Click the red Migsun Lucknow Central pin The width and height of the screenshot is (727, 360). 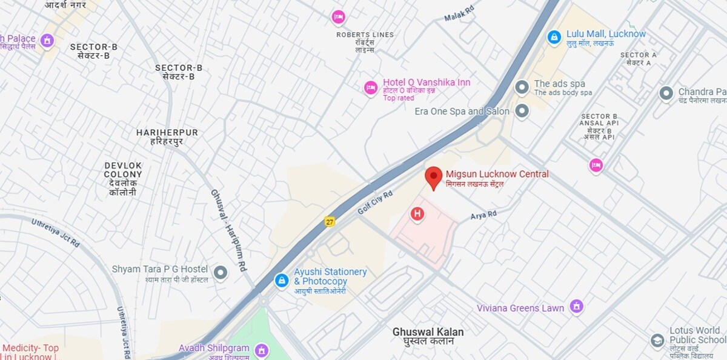433,177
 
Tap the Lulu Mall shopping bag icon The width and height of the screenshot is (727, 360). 554,38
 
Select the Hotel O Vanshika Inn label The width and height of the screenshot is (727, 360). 427,82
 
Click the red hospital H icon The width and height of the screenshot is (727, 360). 417,213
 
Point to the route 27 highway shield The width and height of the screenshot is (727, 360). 330,221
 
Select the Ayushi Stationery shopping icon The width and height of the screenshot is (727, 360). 282,280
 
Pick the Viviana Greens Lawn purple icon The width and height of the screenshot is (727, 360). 577,307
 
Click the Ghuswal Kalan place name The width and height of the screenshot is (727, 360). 428,332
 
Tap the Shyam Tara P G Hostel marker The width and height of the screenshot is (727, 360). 221,273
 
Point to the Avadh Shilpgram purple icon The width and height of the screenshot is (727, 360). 261,350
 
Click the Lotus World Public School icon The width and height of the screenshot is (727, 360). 657,341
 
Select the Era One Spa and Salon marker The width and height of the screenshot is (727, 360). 522,111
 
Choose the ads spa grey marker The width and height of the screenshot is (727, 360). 522,88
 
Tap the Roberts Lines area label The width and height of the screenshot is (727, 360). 365,35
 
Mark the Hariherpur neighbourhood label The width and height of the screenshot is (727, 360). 167,133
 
